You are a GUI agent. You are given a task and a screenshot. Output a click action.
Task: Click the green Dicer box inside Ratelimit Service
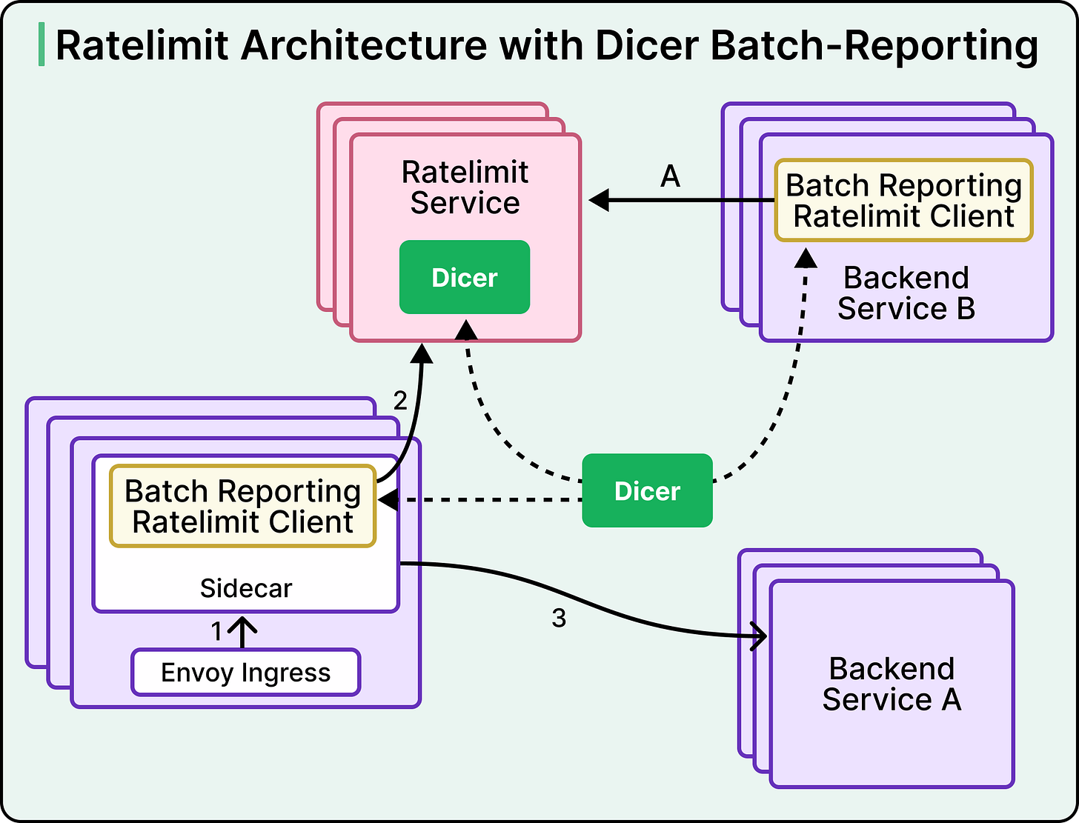(465, 277)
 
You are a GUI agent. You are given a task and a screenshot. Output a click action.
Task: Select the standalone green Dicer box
(648, 490)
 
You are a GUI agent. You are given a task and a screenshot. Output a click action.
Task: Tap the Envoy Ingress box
(246, 672)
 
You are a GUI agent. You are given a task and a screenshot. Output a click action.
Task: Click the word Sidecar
(246, 588)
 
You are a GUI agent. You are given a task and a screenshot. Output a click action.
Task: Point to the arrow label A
(671, 176)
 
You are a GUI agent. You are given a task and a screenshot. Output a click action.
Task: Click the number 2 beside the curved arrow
(400, 401)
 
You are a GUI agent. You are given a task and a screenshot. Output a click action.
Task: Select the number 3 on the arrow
(559, 618)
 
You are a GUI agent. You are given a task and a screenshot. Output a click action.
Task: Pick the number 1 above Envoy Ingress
(216, 631)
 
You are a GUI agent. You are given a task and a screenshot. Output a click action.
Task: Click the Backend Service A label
(892, 684)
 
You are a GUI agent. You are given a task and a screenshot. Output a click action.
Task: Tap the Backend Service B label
(906, 293)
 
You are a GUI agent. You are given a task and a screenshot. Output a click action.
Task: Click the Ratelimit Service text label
(465, 187)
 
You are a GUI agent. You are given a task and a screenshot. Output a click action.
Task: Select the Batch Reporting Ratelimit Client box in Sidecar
(243, 506)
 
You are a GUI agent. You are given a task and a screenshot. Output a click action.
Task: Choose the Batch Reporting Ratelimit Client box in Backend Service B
(903, 200)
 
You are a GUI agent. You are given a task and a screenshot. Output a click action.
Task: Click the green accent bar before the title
(41, 44)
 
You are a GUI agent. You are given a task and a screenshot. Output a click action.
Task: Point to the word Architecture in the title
(364, 45)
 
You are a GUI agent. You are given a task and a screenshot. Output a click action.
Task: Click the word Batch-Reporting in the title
(874, 47)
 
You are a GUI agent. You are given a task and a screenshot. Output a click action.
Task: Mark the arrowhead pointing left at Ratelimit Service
(599, 200)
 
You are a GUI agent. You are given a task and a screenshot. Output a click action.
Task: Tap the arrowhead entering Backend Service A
(759, 636)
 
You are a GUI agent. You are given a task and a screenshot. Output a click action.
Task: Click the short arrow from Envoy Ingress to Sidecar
(242, 633)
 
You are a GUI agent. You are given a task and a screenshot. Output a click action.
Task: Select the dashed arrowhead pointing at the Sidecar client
(388, 500)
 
